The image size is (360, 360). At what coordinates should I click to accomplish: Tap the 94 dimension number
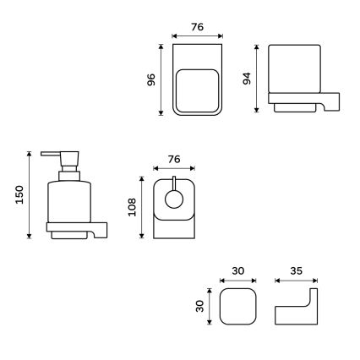pyautogui.click(x=247, y=80)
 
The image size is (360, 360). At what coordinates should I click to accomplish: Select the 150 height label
pyautogui.click(x=19, y=195)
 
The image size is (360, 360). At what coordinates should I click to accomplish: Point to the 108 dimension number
pyautogui.click(x=132, y=208)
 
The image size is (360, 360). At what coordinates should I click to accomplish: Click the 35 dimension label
pyautogui.click(x=295, y=271)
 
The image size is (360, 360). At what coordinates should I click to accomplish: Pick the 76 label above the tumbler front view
pyautogui.click(x=196, y=27)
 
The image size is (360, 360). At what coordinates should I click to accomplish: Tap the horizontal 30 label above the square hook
pyautogui.click(x=237, y=271)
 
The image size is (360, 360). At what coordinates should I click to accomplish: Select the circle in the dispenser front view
pyautogui.click(x=175, y=199)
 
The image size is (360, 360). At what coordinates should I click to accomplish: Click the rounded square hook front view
pyautogui.click(x=237, y=306)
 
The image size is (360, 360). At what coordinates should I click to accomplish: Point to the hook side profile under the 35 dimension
pyautogui.click(x=296, y=313)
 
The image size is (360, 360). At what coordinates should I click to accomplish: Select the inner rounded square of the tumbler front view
pyautogui.click(x=196, y=90)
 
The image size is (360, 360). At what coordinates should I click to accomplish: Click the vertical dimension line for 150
pyautogui.click(x=31, y=195)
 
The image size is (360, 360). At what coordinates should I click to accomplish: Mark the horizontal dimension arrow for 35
pyautogui.click(x=296, y=281)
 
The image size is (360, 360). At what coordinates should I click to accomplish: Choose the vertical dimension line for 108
pyautogui.click(x=144, y=208)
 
